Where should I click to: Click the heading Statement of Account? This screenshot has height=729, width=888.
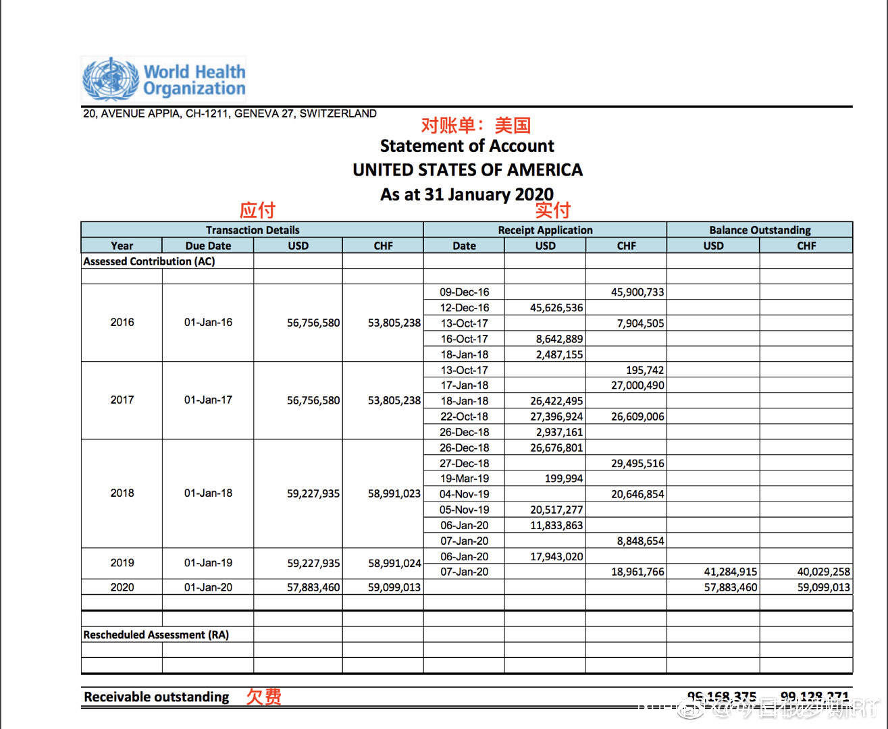pyautogui.click(x=467, y=146)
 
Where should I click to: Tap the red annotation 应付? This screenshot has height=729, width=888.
pyautogui.click(x=257, y=210)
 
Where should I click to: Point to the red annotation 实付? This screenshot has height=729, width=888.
pyautogui.click(x=552, y=210)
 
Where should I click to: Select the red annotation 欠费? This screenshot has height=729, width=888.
pyautogui.click(x=263, y=697)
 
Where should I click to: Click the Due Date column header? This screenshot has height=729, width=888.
pyautogui.click(x=208, y=246)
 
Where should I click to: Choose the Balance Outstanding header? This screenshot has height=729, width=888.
pyautogui.click(x=760, y=230)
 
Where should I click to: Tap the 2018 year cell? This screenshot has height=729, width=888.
pyautogui.click(x=122, y=493)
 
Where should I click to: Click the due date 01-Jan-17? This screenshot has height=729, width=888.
pyautogui.click(x=208, y=400)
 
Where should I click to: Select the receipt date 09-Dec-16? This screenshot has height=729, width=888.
pyautogui.click(x=464, y=292)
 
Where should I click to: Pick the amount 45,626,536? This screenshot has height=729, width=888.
pyautogui.click(x=556, y=308)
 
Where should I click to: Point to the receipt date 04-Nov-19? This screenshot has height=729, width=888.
pyautogui.click(x=464, y=494)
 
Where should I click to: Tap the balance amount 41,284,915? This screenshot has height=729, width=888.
pyautogui.click(x=731, y=572)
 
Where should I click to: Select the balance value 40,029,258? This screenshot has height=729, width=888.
pyautogui.click(x=823, y=572)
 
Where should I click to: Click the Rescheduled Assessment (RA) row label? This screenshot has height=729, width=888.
pyautogui.click(x=156, y=634)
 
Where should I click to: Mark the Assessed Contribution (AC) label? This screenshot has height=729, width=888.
pyautogui.click(x=149, y=261)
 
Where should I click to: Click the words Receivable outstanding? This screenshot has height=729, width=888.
pyautogui.click(x=157, y=697)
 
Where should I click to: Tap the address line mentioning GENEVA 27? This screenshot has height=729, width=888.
pyautogui.click(x=230, y=113)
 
